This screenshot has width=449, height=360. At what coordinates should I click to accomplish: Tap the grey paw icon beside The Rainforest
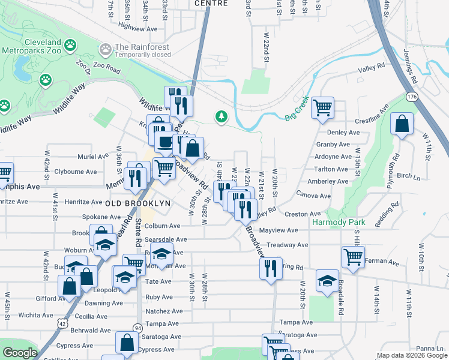(x=106, y=48)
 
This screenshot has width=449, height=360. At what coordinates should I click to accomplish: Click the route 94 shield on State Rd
(x=138, y=328)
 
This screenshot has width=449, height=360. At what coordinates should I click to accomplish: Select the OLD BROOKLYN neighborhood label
(x=138, y=203)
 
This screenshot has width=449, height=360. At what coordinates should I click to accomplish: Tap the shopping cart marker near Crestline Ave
(x=323, y=108)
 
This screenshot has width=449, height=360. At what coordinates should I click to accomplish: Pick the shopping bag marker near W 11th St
(x=402, y=124)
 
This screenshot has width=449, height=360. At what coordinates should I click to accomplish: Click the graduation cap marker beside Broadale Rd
(x=327, y=280)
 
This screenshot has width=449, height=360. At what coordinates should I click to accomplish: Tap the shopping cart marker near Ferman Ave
(x=353, y=256)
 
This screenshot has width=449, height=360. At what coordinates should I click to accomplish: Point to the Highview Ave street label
(x=138, y=28)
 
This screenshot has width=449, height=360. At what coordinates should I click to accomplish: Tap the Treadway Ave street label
(x=287, y=245)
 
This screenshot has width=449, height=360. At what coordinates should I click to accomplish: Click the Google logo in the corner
(x=20, y=353)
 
